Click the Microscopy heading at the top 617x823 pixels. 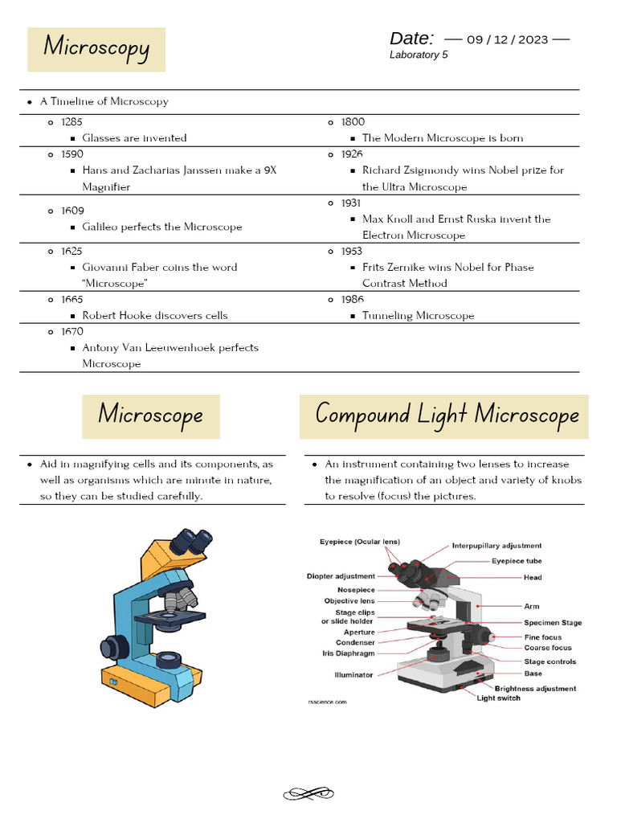tap(96, 47)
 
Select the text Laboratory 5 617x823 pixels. tap(419, 55)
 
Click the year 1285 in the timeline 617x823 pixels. tap(72, 121)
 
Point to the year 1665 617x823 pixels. tap(72, 299)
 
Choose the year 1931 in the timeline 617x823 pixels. tap(351, 203)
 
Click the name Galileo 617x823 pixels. tap(101, 227)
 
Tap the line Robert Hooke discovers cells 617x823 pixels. tap(154, 315)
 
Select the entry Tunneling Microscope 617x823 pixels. tap(418, 315)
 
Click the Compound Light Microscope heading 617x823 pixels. tap(447, 415)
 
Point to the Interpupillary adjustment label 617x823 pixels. tap(496, 546)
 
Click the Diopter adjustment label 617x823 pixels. tap(341, 576)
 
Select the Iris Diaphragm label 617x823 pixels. tap(344, 653)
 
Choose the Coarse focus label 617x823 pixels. tap(548, 648)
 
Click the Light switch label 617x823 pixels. tap(498, 698)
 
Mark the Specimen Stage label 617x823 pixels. tap(553, 622)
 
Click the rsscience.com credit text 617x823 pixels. tap(327, 702)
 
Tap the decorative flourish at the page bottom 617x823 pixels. tap(308, 794)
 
